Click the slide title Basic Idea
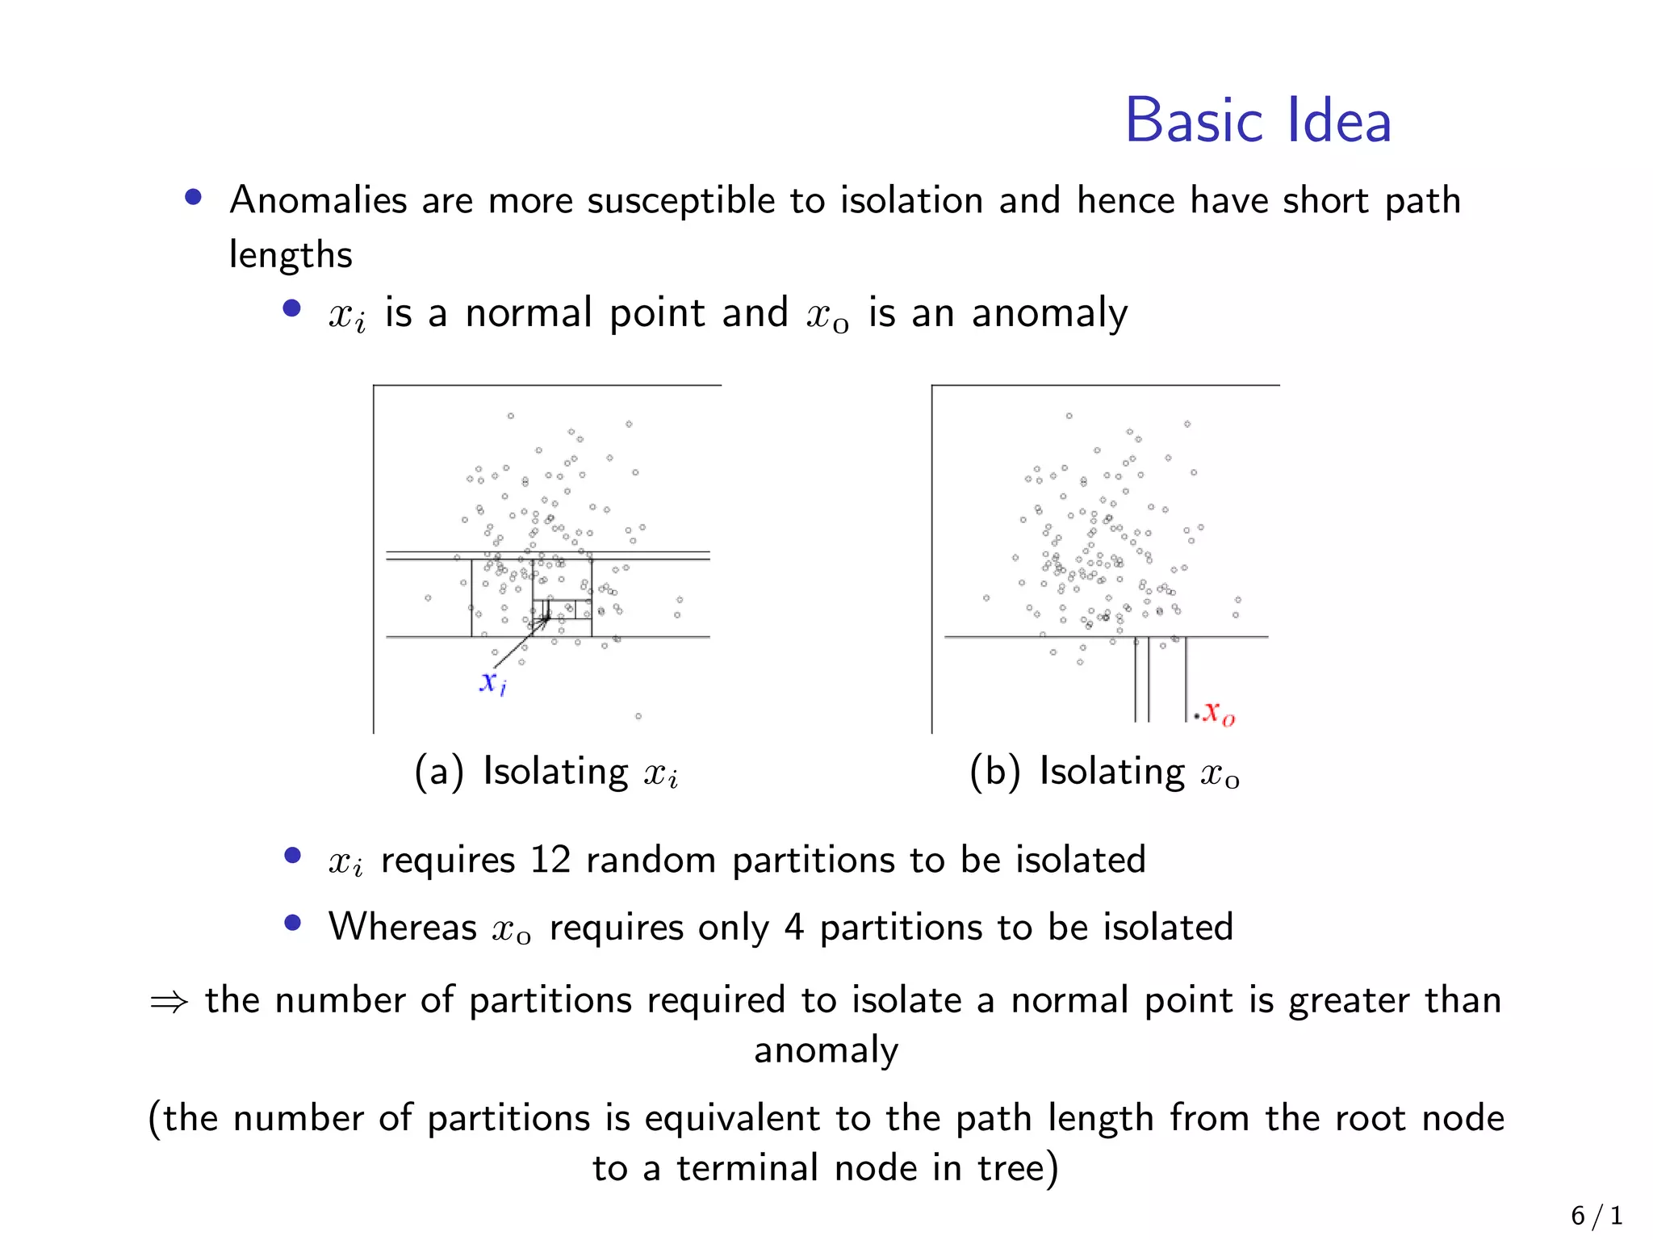click(x=1258, y=121)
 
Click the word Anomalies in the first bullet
click(x=318, y=200)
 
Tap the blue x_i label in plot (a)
click(x=492, y=683)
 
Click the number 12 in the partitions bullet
click(x=550, y=860)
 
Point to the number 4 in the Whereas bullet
click(x=793, y=927)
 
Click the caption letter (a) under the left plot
click(x=439, y=772)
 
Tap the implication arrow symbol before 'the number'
click(x=169, y=1002)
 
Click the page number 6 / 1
click(x=1596, y=1215)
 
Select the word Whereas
click(x=402, y=927)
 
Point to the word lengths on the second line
click(x=291, y=255)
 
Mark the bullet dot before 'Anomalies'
click(x=193, y=197)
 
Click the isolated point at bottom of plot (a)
click(x=638, y=716)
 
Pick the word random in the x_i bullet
click(x=651, y=860)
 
